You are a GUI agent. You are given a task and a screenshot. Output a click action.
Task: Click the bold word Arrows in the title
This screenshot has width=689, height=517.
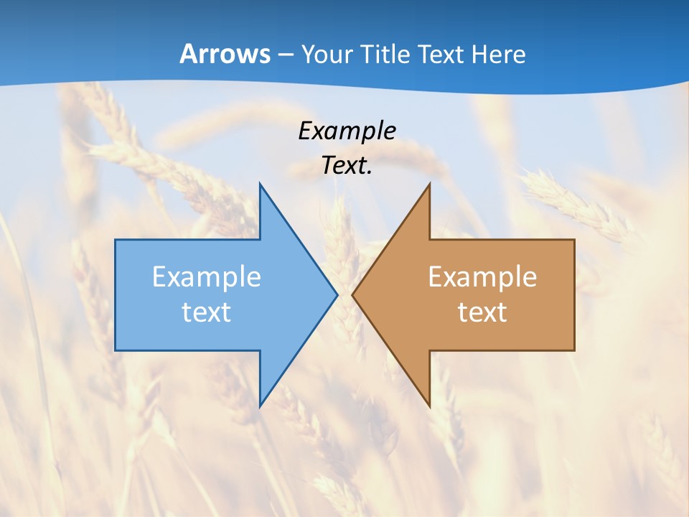pyautogui.click(x=224, y=55)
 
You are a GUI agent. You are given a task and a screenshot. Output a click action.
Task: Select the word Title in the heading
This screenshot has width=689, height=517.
pyautogui.click(x=389, y=55)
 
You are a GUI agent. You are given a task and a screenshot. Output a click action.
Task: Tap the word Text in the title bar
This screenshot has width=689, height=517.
pyautogui.click(x=442, y=55)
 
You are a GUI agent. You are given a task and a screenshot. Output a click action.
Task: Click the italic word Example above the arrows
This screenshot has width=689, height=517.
pyautogui.click(x=347, y=131)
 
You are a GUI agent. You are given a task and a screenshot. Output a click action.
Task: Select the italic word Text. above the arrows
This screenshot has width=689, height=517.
pyautogui.click(x=347, y=166)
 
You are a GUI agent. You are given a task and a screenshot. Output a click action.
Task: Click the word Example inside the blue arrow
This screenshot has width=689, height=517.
pyautogui.click(x=207, y=277)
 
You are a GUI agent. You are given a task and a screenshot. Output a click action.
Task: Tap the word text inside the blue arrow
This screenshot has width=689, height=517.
pyautogui.click(x=207, y=312)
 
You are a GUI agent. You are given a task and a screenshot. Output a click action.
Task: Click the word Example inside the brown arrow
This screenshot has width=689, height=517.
pyautogui.click(x=482, y=277)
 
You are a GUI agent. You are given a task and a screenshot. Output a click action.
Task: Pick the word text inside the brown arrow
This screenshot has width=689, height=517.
pyautogui.click(x=482, y=312)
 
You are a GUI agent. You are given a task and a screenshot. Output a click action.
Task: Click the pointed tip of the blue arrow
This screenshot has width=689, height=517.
pyautogui.click(x=337, y=294)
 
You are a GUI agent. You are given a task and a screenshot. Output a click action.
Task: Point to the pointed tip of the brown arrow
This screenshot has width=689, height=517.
pyautogui.click(x=352, y=294)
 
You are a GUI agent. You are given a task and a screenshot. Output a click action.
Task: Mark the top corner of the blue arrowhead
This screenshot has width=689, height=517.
pyautogui.click(x=260, y=184)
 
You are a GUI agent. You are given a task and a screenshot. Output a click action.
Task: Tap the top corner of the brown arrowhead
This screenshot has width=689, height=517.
pyautogui.click(x=429, y=184)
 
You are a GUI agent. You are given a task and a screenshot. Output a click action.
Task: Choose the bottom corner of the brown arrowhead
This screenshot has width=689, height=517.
pyautogui.click(x=429, y=406)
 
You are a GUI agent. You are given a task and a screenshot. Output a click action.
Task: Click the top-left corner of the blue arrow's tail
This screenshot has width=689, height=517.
pyautogui.click(x=116, y=240)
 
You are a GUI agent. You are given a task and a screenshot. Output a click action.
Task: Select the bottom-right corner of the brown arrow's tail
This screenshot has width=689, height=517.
pyautogui.click(x=574, y=350)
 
